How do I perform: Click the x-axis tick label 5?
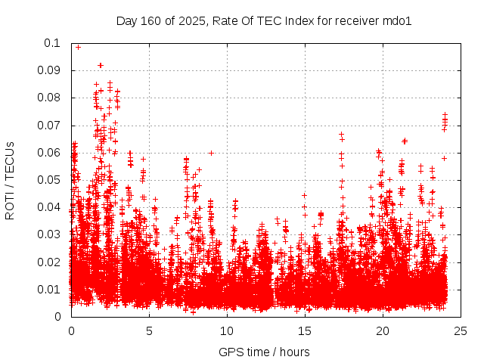[149, 330]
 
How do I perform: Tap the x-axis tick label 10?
[227, 330]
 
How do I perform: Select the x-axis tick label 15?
[305, 330]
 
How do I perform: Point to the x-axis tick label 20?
[383, 330]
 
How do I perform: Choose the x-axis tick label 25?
[461, 330]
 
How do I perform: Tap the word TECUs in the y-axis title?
[10, 160]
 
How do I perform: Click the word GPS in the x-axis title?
[230, 352]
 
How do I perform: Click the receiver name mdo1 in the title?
[396, 21]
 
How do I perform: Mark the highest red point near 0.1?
[78, 47]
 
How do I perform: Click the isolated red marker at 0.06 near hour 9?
[212, 153]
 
